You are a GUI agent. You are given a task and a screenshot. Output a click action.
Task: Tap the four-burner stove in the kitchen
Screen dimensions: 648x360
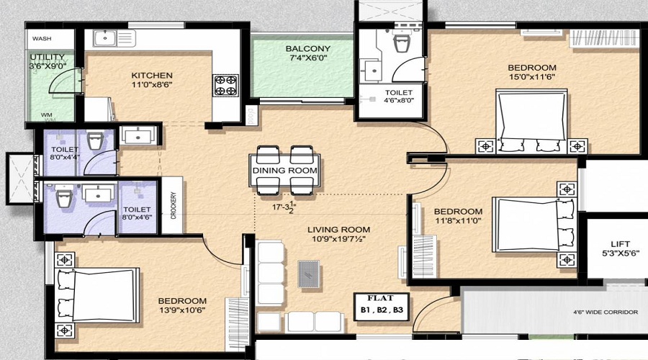(x=225, y=85)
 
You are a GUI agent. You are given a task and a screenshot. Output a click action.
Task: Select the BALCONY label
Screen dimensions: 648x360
(x=308, y=48)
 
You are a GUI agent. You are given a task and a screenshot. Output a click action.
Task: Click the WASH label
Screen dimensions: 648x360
(x=42, y=38)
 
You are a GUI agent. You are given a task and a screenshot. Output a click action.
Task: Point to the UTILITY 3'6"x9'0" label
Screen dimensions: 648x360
(x=48, y=61)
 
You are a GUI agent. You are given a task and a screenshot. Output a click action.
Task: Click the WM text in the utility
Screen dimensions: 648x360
(x=47, y=115)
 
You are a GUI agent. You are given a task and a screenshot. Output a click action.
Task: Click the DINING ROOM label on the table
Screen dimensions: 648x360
(x=284, y=171)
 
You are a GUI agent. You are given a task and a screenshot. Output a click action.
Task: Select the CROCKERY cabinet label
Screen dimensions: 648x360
(x=173, y=205)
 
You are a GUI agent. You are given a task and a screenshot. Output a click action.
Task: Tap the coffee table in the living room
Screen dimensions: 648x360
(x=309, y=274)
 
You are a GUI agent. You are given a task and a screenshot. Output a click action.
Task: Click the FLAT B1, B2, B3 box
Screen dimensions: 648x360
(x=382, y=306)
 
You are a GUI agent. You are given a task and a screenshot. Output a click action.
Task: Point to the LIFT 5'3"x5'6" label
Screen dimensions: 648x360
(x=620, y=248)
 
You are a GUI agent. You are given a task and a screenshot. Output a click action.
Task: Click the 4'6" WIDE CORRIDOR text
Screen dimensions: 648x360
(x=606, y=312)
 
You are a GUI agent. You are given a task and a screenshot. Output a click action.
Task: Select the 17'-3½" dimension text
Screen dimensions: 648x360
(x=284, y=207)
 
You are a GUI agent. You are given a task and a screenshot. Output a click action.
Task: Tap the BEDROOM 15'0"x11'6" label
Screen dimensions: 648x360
(x=532, y=72)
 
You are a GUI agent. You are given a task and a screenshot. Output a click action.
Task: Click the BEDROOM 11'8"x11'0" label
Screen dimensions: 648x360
(x=458, y=216)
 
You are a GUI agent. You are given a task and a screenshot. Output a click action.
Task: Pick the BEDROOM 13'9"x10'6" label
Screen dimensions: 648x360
(x=182, y=305)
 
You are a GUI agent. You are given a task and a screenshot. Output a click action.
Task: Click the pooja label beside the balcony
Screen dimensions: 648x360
(x=251, y=116)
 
